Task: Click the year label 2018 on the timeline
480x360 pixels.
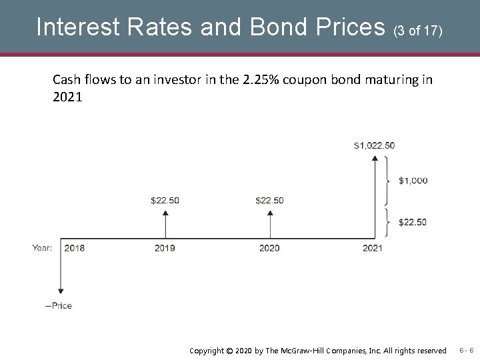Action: pyautogui.click(x=74, y=248)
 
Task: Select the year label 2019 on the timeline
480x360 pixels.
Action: pyautogui.click(x=165, y=248)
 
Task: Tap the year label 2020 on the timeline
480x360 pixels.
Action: pyautogui.click(x=269, y=248)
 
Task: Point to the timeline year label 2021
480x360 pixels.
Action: pyautogui.click(x=372, y=248)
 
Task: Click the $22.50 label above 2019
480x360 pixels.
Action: pyautogui.click(x=165, y=201)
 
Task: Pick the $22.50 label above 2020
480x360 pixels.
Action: pyautogui.click(x=269, y=201)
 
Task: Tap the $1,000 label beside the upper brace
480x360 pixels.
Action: pyautogui.click(x=413, y=181)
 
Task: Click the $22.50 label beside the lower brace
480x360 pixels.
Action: pyautogui.click(x=412, y=222)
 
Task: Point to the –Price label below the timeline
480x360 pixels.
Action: pyautogui.click(x=59, y=305)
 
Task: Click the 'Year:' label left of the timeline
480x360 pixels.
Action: pyautogui.click(x=43, y=248)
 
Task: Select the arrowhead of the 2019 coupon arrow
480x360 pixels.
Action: pyautogui.click(x=165, y=213)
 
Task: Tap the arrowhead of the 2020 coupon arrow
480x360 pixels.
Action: pyautogui.click(x=269, y=213)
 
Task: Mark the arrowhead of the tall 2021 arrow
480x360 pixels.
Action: pyautogui.click(x=375, y=159)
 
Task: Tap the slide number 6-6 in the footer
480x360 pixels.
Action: pyautogui.click(x=466, y=349)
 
